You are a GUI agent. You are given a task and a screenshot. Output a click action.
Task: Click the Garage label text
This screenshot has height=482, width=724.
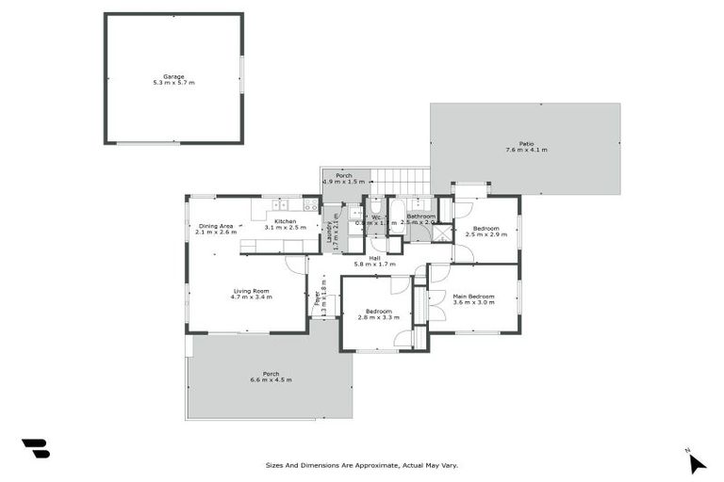173,77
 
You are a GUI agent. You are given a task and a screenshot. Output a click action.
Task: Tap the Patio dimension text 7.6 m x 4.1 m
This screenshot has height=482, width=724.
526,150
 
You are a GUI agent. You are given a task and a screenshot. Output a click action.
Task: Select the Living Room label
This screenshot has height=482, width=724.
252,291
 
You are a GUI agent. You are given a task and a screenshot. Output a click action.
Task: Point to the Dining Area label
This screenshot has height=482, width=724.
216,226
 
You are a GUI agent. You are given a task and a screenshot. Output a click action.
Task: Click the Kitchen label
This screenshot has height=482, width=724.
286,221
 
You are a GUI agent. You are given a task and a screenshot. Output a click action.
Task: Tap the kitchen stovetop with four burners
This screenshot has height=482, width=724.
307,204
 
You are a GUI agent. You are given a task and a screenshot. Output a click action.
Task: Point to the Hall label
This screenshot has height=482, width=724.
374,258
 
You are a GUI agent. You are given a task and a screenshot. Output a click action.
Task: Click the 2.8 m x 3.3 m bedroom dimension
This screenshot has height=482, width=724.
374,318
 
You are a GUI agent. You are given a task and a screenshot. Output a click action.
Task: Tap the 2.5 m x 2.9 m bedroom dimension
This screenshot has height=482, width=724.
486,233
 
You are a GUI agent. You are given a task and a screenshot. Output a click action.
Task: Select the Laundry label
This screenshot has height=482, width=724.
330,232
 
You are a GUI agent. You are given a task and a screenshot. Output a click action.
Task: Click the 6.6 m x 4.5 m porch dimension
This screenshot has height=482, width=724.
271,379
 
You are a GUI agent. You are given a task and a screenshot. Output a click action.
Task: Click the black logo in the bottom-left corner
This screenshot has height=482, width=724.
35,449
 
